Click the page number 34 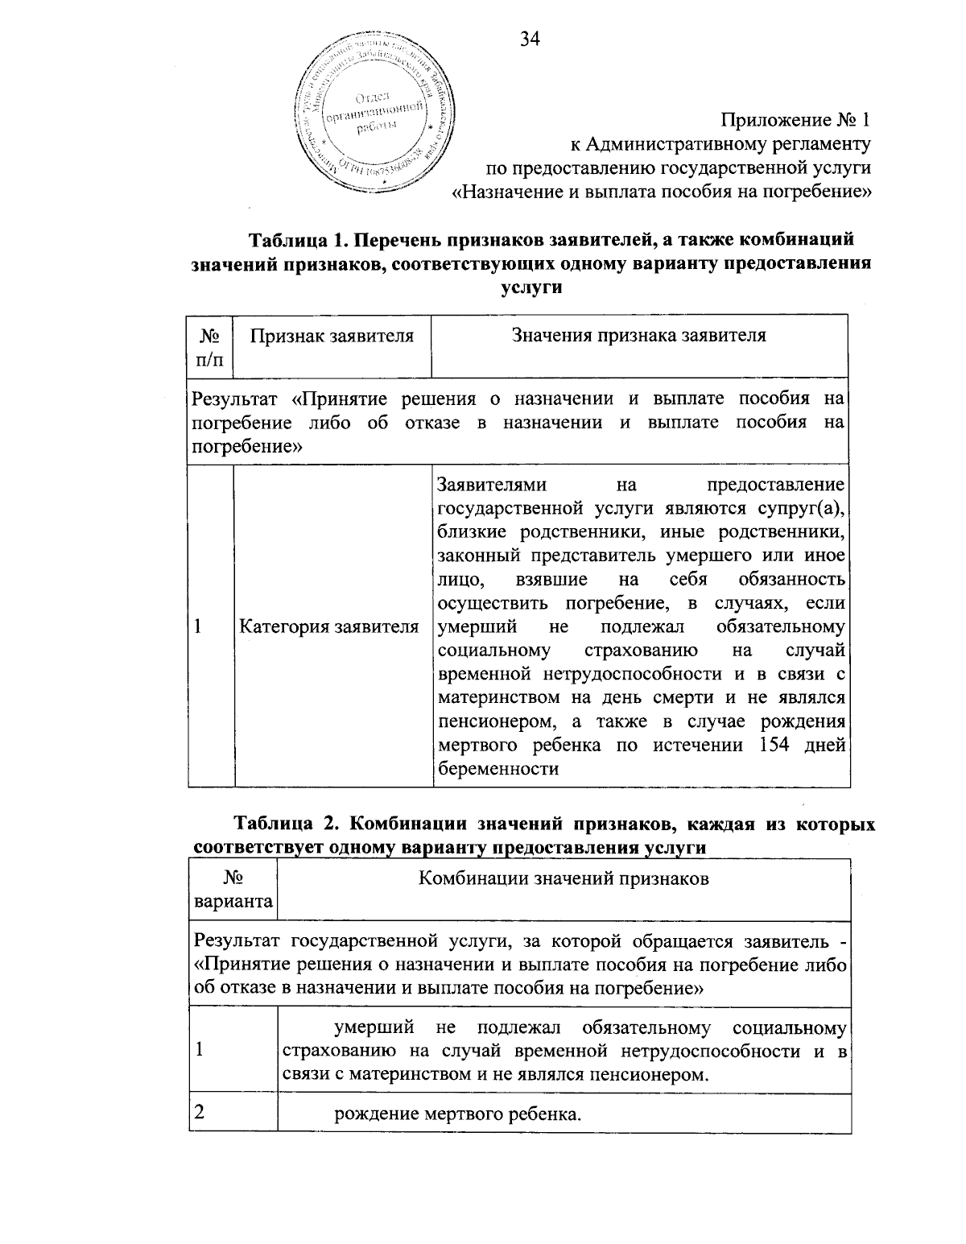[530, 39]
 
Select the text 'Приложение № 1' [795, 121]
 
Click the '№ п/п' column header [210, 346]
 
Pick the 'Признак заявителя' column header [332, 336]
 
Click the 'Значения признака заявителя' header [639, 336]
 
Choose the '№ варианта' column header [233, 890]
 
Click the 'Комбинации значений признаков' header [563, 878]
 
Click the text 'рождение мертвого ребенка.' [457, 1115]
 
